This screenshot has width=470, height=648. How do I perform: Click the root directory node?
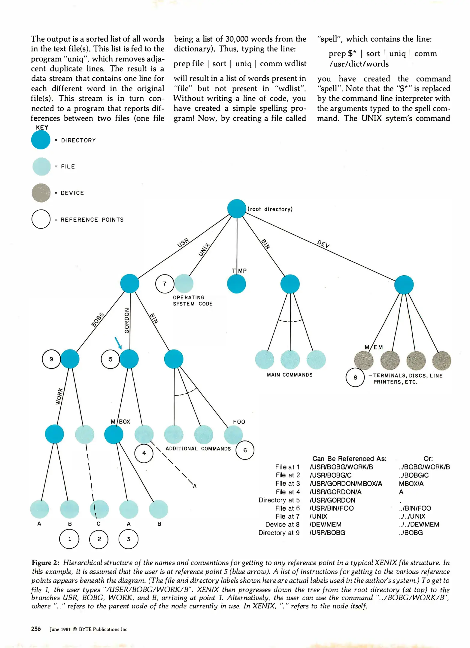[x=237, y=208]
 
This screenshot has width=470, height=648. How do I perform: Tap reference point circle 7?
[x=165, y=283]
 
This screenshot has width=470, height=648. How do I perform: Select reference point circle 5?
[x=111, y=359]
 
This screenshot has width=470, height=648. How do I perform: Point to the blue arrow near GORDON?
[x=118, y=343]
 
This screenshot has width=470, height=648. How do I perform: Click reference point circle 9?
[x=51, y=359]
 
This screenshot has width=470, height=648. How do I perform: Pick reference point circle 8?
[x=355, y=377]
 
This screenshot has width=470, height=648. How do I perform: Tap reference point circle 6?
[x=245, y=450]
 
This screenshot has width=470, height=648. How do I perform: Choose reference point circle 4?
[x=144, y=453]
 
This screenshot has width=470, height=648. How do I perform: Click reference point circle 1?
[x=69, y=539]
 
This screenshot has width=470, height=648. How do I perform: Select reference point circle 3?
[x=129, y=539]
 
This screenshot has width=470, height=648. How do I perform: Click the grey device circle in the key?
[x=41, y=193]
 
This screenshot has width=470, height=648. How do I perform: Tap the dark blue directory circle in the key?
[x=41, y=140]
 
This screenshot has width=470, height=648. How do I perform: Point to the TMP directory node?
[x=236, y=284]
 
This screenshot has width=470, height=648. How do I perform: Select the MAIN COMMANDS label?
[x=290, y=375]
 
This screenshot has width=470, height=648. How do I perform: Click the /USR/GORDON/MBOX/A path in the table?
[x=346, y=484]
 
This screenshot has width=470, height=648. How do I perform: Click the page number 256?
[x=36, y=629]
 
